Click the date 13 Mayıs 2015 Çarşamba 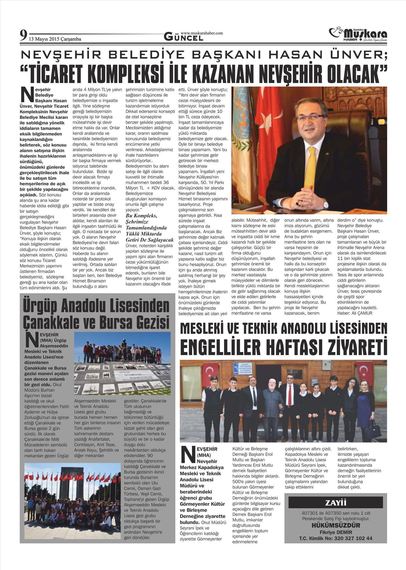click(x=55, y=39)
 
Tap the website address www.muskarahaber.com click(x=202, y=33)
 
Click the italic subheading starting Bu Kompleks click(x=150, y=225)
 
